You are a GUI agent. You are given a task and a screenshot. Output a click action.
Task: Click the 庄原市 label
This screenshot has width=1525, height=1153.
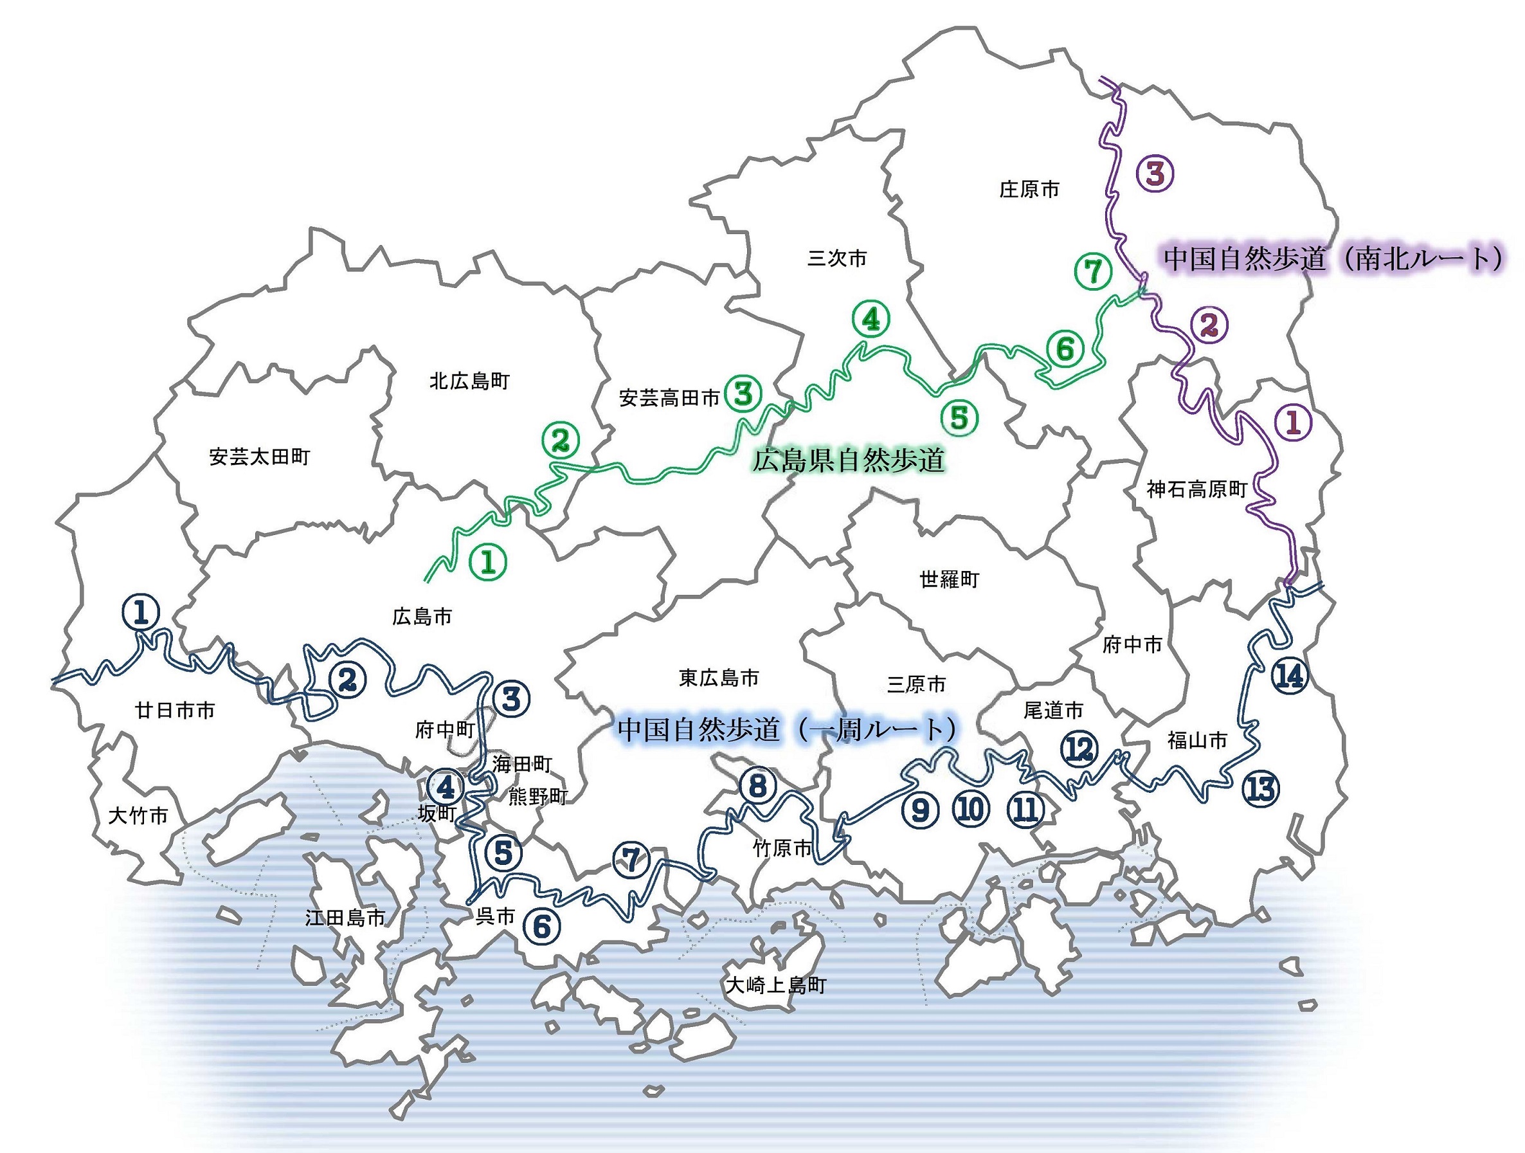click(1029, 190)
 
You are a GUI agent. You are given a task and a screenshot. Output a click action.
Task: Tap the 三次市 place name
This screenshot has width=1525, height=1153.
click(837, 259)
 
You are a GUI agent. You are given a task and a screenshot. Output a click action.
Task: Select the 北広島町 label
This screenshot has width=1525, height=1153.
click(469, 381)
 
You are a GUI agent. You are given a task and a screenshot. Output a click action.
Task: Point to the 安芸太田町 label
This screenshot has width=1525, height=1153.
click(259, 457)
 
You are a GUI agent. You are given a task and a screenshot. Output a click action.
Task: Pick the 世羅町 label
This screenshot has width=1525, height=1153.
click(950, 579)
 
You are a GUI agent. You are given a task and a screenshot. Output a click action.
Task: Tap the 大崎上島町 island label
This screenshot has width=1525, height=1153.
click(775, 985)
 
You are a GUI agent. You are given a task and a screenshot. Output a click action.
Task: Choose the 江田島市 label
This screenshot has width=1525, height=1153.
click(345, 917)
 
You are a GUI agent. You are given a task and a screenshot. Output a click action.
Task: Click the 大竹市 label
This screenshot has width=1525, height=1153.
click(138, 816)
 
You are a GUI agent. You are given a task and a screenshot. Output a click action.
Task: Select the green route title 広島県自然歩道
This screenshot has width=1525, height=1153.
click(848, 460)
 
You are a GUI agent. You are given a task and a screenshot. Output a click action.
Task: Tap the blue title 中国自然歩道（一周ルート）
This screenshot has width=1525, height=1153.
click(788, 729)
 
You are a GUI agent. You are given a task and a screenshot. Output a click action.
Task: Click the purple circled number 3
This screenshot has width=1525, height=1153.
click(1155, 174)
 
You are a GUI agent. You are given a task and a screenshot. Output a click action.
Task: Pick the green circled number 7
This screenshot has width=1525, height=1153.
click(1093, 271)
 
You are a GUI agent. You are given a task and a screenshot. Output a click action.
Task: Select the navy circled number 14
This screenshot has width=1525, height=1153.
click(1289, 676)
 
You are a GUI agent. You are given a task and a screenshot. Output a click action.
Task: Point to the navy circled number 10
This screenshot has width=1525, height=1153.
click(971, 809)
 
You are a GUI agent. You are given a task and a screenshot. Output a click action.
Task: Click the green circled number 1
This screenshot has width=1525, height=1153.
click(488, 561)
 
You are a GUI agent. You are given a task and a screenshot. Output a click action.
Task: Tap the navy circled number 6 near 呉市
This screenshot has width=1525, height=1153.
click(542, 926)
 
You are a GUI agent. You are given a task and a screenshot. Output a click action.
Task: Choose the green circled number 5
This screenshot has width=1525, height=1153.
click(959, 417)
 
